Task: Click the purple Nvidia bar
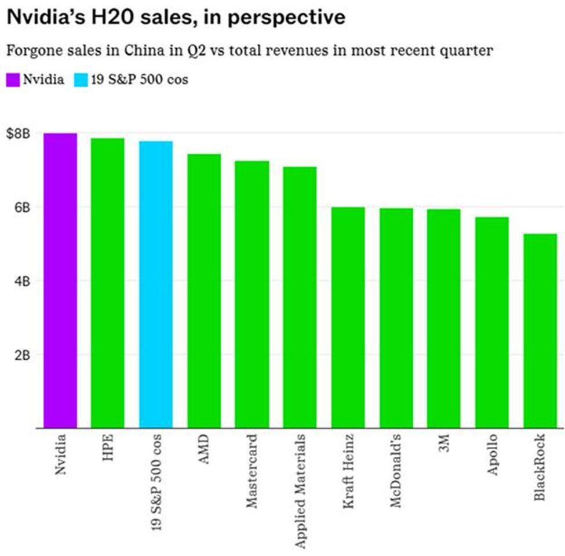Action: click(x=60, y=280)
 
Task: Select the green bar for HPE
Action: click(x=108, y=283)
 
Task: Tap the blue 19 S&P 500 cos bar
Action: click(x=156, y=284)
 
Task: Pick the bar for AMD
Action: click(x=204, y=291)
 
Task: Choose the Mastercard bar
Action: click(x=251, y=294)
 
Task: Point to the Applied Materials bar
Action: click(x=300, y=297)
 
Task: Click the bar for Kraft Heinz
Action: click(x=348, y=317)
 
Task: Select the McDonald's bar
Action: click(x=396, y=318)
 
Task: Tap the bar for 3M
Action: click(x=443, y=319)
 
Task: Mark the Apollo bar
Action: click(x=491, y=322)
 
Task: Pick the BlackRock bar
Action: click(x=540, y=331)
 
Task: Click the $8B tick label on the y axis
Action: click(x=18, y=134)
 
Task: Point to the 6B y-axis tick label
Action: click(x=22, y=208)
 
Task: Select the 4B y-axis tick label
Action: click(x=22, y=281)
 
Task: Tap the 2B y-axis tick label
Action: click(x=22, y=355)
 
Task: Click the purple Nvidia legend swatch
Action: click(x=13, y=80)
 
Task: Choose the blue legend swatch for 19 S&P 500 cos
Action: click(x=81, y=80)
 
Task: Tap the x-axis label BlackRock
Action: click(x=540, y=467)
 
